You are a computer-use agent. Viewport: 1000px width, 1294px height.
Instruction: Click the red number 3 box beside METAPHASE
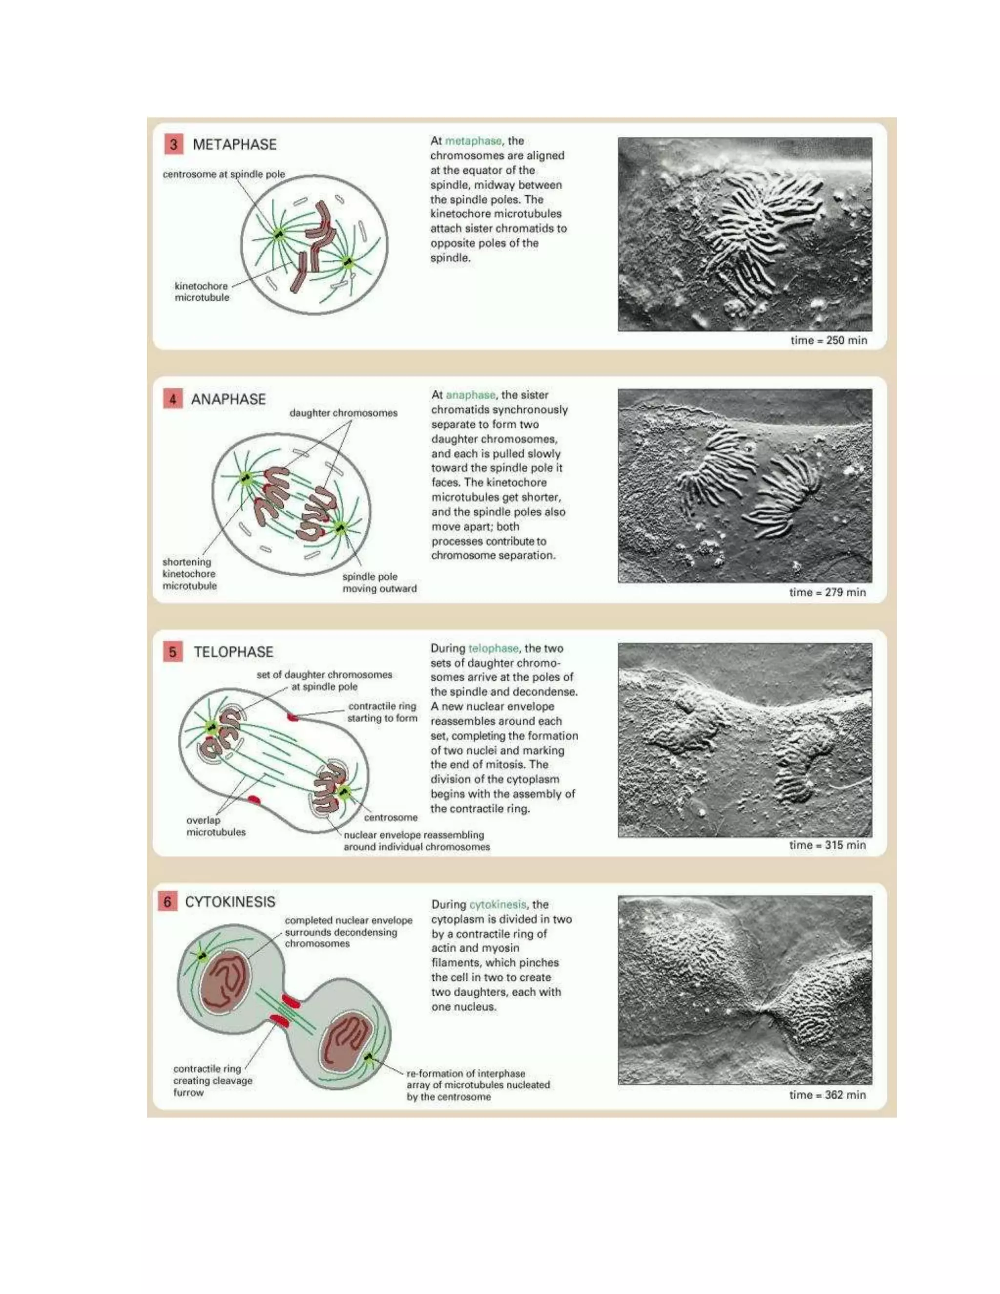tap(173, 145)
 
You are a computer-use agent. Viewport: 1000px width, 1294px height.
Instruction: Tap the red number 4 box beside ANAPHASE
tap(172, 399)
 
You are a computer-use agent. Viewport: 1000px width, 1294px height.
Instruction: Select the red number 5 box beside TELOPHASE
tap(172, 652)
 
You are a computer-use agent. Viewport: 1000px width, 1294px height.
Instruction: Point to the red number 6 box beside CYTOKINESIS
tap(167, 902)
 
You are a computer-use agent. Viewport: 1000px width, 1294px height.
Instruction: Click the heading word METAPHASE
tap(234, 145)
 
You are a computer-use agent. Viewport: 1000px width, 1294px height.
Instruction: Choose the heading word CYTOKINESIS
tap(230, 902)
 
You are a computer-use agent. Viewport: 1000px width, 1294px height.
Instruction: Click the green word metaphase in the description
tap(473, 141)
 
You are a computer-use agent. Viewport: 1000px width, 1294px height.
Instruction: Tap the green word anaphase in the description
tap(470, 395)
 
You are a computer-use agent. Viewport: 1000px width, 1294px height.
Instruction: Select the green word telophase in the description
tap(493, 648)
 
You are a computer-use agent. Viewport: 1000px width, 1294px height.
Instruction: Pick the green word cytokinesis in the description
tap(497, 905)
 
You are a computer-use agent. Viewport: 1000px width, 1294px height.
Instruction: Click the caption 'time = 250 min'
tap(828, 340)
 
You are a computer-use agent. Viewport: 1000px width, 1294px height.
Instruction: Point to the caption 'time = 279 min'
tap(827, 592)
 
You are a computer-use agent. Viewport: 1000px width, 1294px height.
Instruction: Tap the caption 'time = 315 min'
tap(827, 845)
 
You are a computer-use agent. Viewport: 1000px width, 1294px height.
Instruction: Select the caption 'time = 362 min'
tap(827, 1095)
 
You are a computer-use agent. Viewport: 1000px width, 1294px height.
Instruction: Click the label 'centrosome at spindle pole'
tap(224, 174)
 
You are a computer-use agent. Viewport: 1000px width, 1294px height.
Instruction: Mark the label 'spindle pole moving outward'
tap(379, 583)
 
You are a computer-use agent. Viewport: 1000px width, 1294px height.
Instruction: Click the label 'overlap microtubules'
tap(216, 826)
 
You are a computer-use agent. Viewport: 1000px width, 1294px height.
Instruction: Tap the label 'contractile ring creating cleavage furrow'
tap(213, 1081)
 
